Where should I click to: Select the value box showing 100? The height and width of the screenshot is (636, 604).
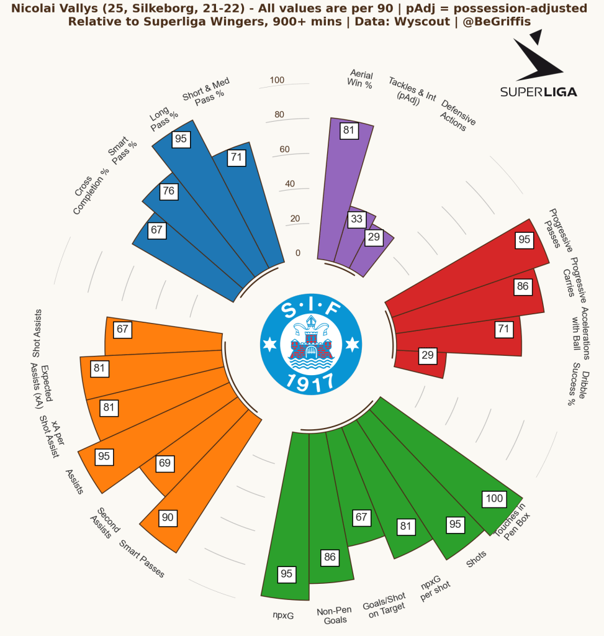pos(494,498)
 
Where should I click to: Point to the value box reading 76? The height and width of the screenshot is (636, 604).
pos(168,191)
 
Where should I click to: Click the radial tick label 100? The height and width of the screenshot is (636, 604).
pos(277,80)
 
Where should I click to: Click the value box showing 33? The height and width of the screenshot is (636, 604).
pos(356,219)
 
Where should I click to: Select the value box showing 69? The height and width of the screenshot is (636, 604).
pos(165,463)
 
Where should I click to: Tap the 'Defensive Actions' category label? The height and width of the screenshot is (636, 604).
pos(457,115)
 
